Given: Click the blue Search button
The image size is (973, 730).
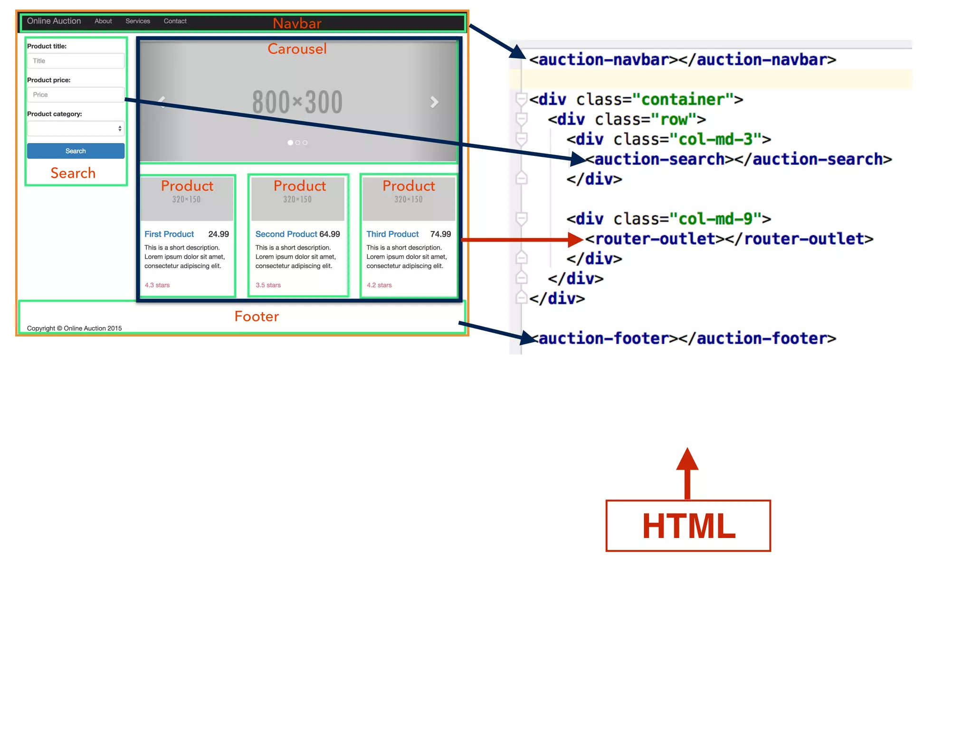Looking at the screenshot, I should (76, 151).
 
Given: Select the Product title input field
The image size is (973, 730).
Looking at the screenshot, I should (76, 61).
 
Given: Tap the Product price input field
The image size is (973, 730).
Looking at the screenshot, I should (76, 95).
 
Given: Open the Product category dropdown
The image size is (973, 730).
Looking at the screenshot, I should (76, 128).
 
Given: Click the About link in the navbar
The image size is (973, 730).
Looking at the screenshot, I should (103, 21).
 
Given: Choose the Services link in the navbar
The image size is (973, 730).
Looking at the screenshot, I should (138, 21).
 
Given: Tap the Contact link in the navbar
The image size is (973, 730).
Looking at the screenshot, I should (175, 21).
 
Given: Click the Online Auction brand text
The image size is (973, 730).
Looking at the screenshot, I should (54, 21).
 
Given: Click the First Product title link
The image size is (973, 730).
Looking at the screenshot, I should (169, 234).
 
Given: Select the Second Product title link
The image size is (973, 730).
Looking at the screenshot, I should (286, 234).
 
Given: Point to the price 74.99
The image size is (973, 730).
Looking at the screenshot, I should (440, 234).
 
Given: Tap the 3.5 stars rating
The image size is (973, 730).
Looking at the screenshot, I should (268, 285).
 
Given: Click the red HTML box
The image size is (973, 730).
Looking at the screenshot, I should (688, 526).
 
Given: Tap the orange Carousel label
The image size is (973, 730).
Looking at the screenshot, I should (297, 48).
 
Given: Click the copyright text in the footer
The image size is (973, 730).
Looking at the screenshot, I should (74, 328).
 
